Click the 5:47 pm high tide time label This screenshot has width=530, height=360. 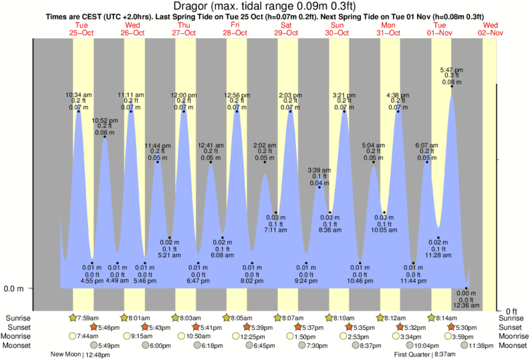pyautogui.click(x=449, y=69)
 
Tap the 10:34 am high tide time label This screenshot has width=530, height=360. pyautogui.click(x=79, y=94)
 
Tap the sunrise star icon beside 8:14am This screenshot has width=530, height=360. pyautogui.click(x=432, y=318)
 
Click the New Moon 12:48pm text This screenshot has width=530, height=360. pyautogui.click(x=80, y=355)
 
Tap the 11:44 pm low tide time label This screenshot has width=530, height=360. pyautogui.click(x=413, y=281)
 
